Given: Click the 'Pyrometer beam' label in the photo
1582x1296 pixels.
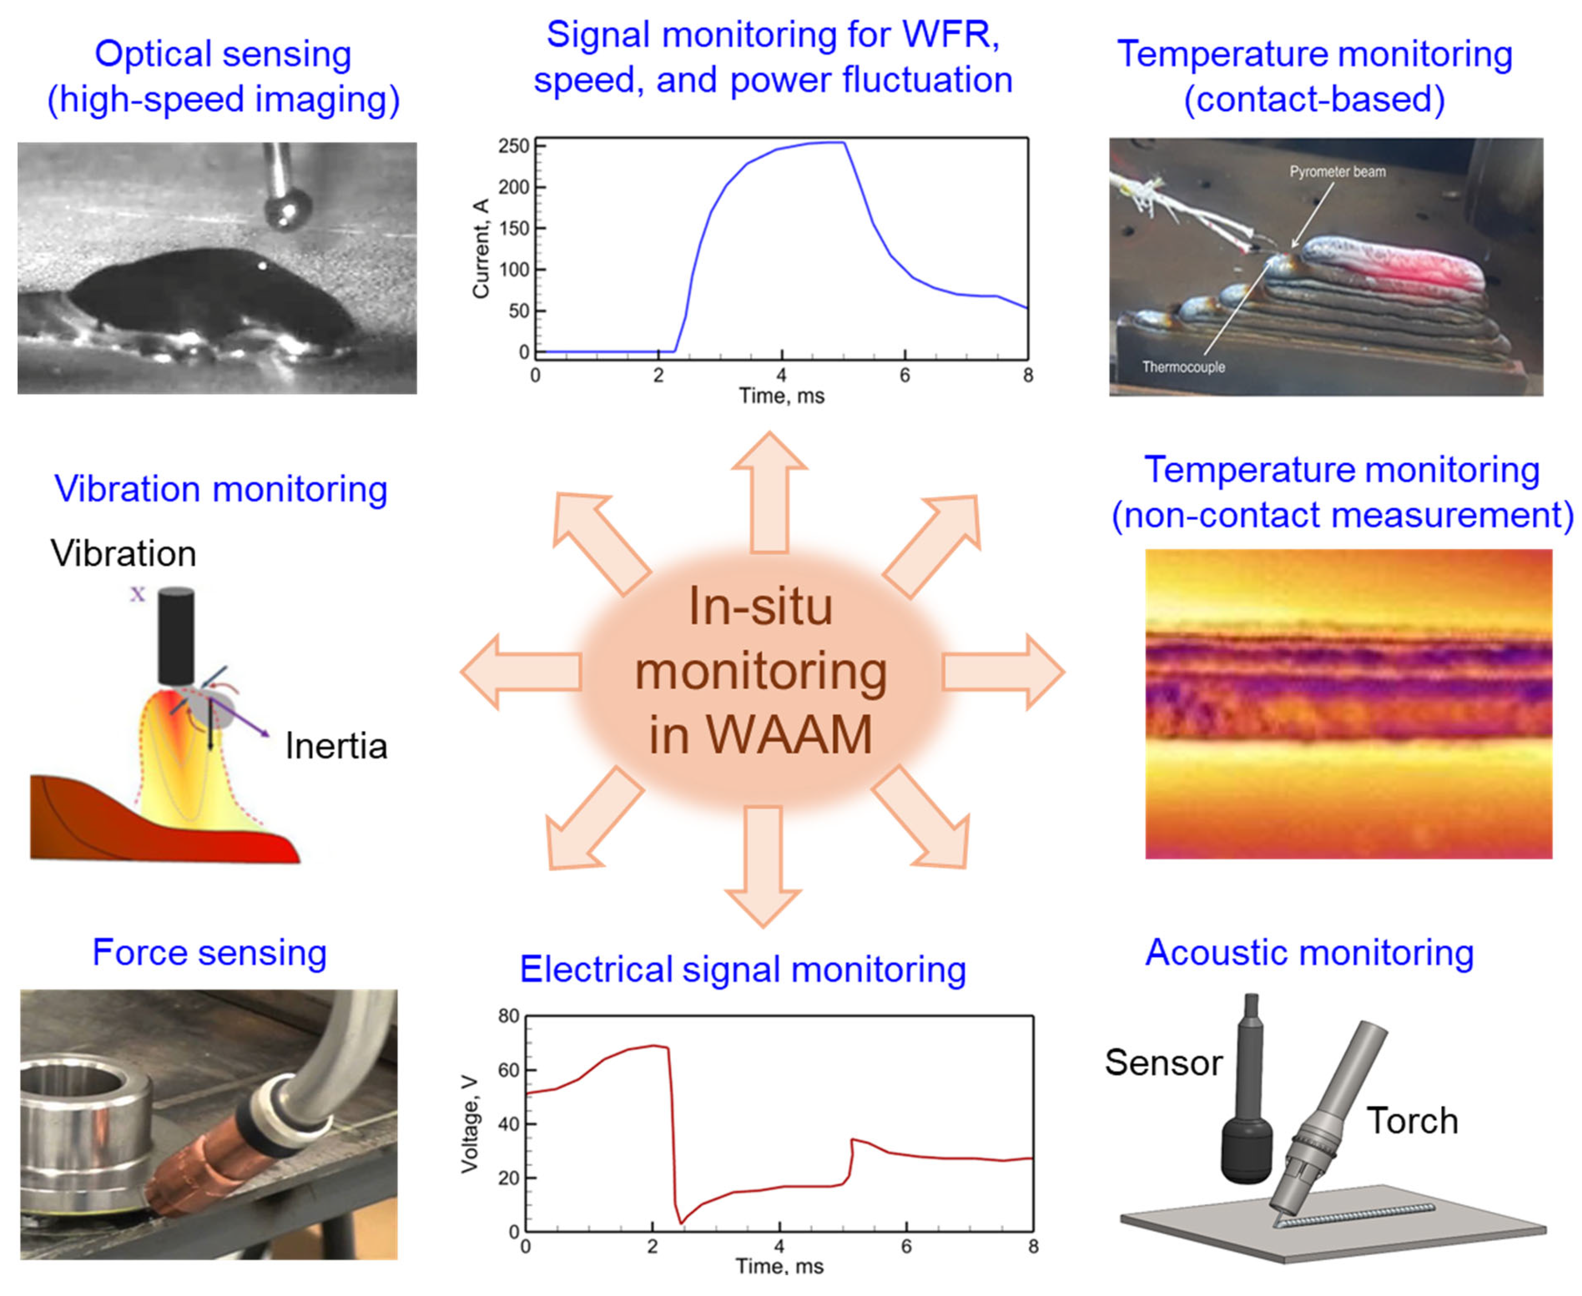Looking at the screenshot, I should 1337,172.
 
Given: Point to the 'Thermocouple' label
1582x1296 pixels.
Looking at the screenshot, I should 1183,367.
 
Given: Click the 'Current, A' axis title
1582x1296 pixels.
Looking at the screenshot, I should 480,249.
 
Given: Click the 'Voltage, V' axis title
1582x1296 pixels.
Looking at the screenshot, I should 469,1124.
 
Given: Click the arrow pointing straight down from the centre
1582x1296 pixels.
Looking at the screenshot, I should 763,866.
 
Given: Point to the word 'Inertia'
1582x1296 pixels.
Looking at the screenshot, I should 336,746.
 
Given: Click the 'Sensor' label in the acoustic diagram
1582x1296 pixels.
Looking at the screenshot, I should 1163,1062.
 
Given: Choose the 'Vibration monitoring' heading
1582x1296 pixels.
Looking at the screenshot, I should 221,490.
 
